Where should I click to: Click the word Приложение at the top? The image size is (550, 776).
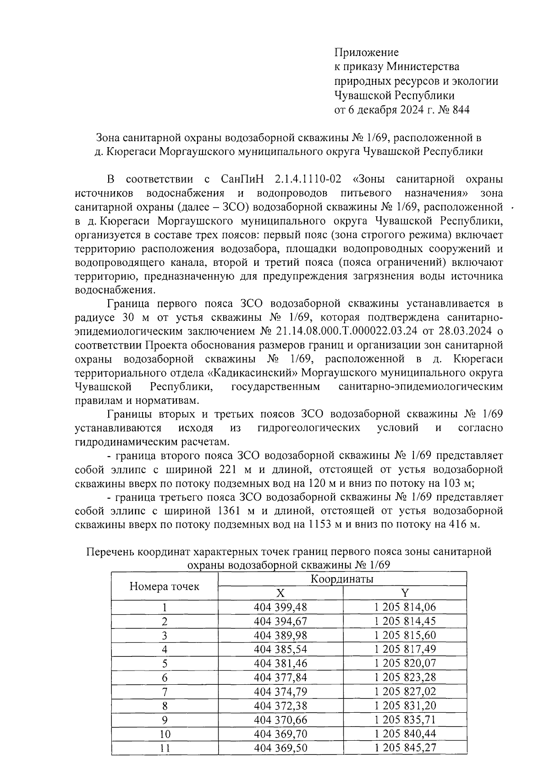366,52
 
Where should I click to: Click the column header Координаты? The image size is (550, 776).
342,578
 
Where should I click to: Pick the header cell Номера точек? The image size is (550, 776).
164,586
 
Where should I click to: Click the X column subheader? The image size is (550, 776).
280,593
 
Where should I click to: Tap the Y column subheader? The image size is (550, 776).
405,593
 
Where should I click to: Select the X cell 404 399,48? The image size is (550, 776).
280,607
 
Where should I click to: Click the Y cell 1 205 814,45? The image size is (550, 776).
405,621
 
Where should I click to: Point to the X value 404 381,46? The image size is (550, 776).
280,663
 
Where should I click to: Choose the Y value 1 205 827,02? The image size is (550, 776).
405,691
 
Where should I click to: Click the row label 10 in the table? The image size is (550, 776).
164,734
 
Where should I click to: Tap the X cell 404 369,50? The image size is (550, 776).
280,748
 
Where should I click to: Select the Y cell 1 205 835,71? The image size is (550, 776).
405,719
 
